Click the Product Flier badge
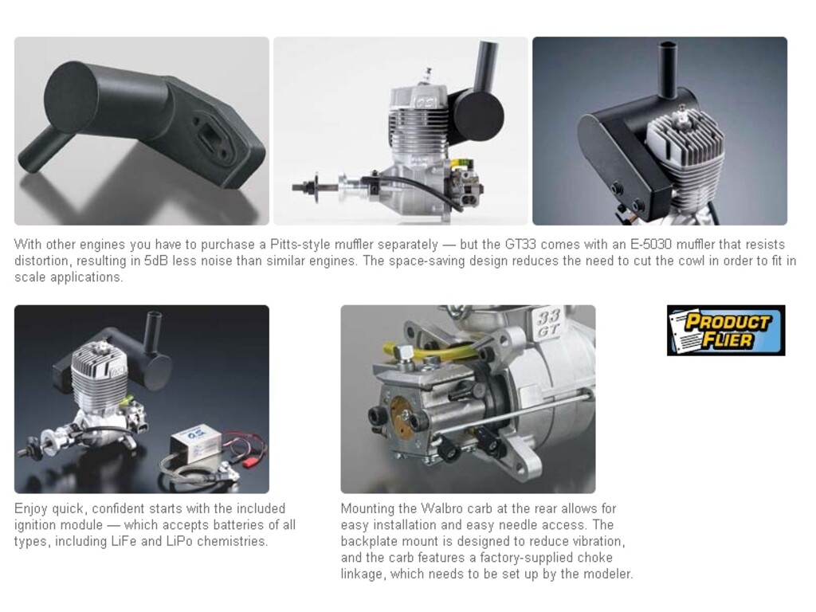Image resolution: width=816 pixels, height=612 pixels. (x=726, y=331)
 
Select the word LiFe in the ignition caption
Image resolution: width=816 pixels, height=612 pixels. (x=124, y=541)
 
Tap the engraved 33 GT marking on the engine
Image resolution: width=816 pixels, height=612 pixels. (x=548, y=322)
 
